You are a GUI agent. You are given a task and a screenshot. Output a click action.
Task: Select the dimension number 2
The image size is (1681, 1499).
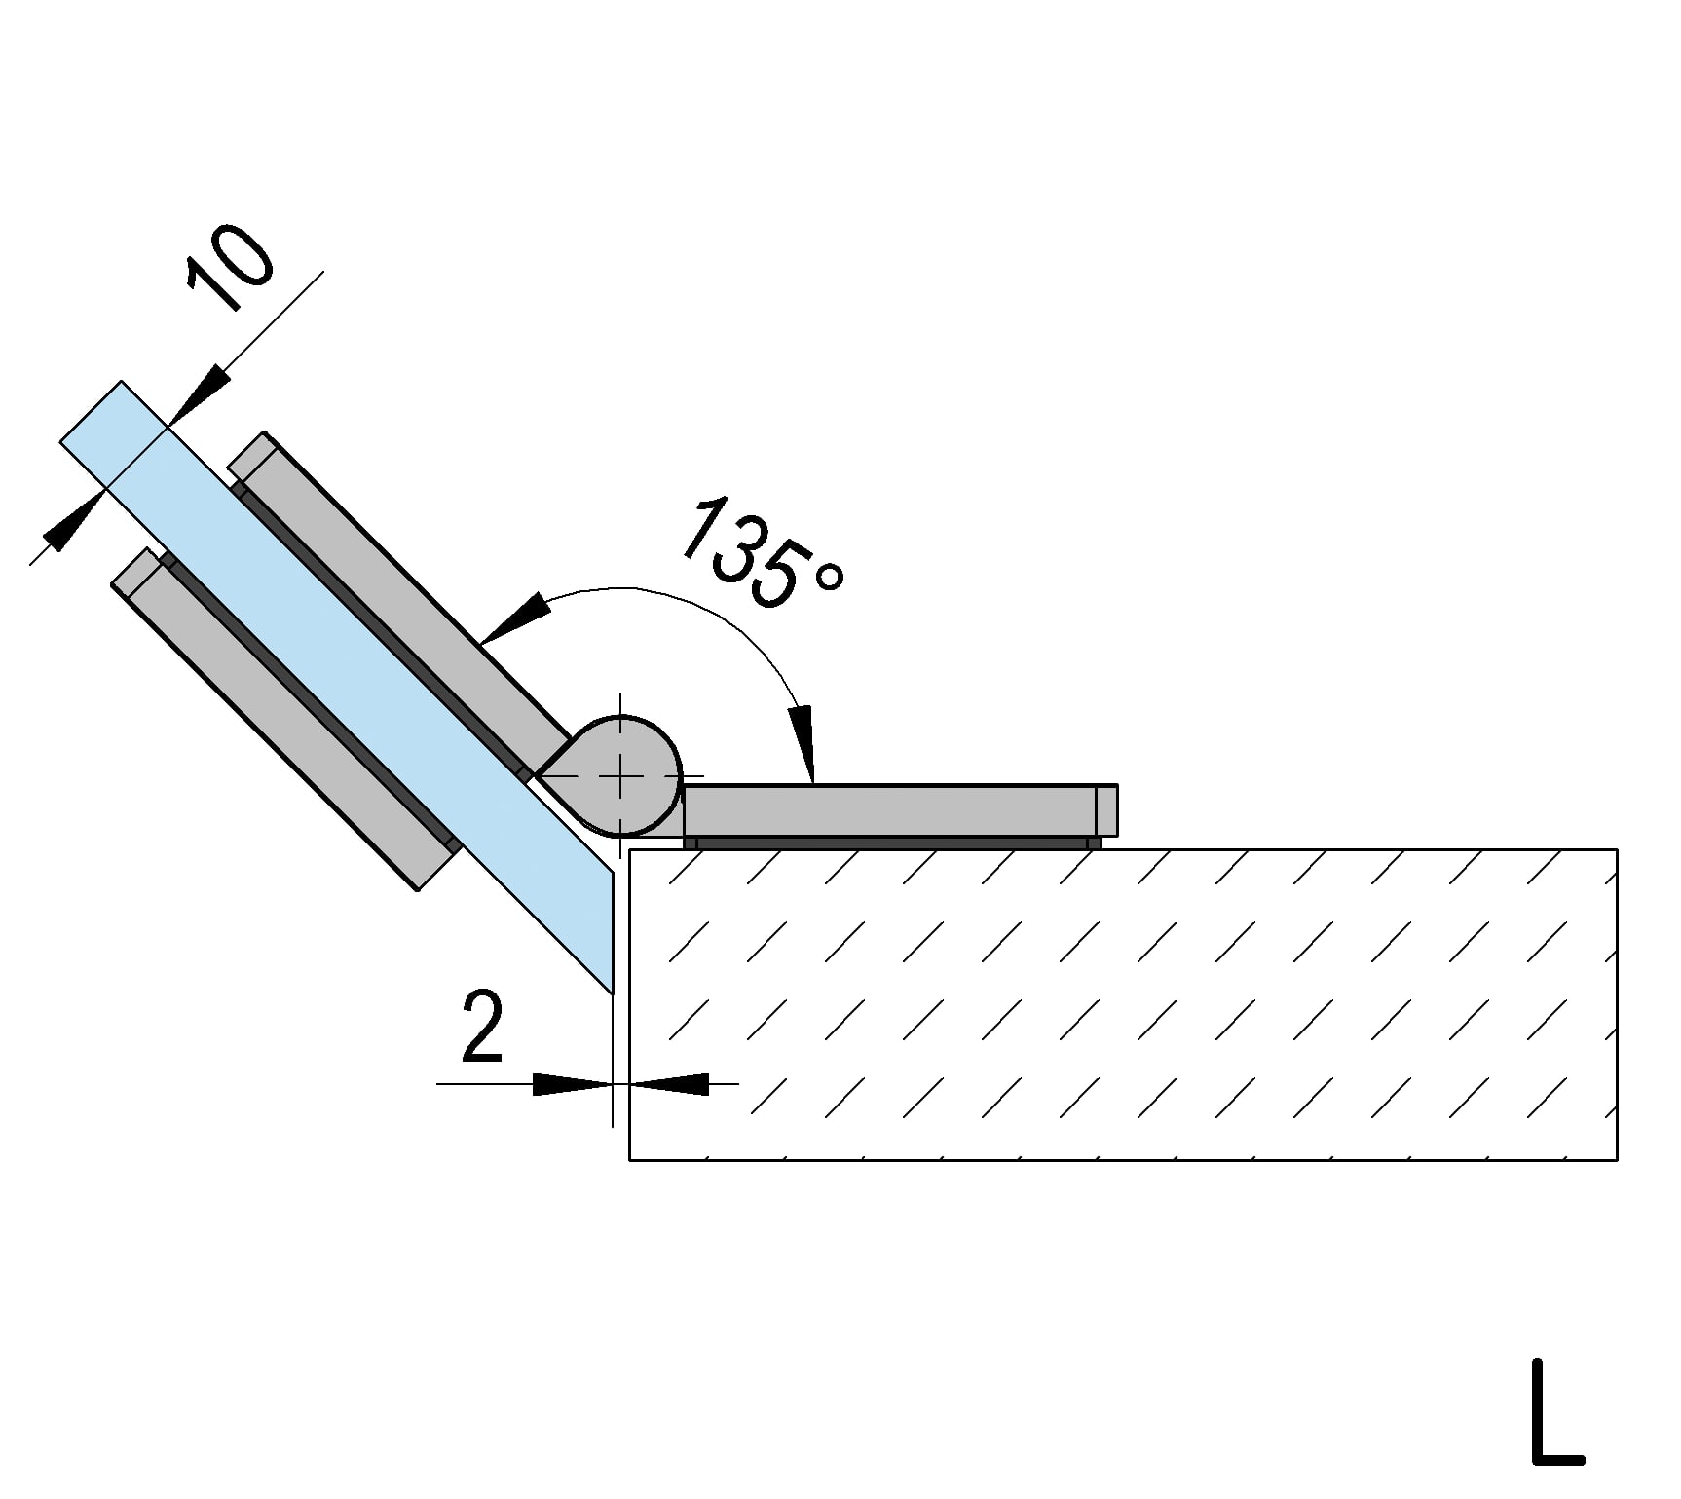pos(482,1027)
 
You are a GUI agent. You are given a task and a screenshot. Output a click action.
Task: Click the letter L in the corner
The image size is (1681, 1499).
pos(1555,1426)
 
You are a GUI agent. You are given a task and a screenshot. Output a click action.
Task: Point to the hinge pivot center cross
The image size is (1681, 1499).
pos(621,775)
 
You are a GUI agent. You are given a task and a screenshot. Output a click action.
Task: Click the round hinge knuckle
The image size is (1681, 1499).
pos(633,769)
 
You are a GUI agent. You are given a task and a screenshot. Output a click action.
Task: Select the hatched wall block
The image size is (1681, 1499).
pos(1120,1003)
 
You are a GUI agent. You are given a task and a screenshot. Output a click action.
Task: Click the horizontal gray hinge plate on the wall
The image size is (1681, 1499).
pos(886,810)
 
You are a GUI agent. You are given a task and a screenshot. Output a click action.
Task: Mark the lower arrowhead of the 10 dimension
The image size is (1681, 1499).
pos(74,521)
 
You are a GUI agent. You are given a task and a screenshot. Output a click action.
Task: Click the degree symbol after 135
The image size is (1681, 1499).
pos(829,577)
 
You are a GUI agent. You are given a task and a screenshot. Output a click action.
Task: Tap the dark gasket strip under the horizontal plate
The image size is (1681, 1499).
pos(891,843)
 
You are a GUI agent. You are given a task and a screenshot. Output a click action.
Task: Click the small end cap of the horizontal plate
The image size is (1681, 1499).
pos(1106,810)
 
